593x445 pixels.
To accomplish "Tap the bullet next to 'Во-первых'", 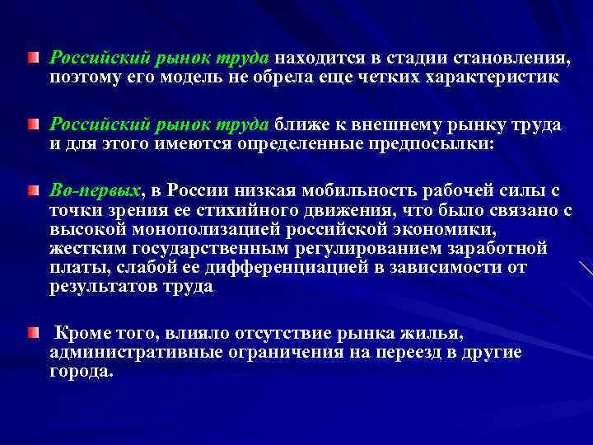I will pos(32,191).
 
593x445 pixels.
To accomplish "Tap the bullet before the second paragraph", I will pos(32,124).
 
